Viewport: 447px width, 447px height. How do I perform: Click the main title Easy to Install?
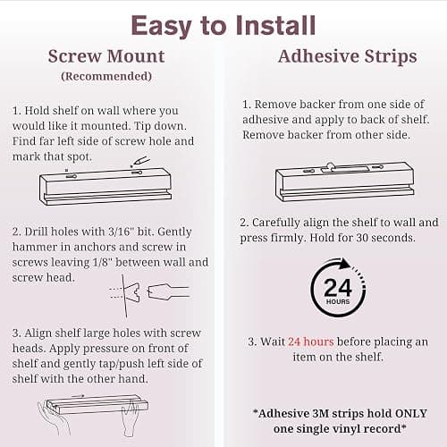click(x=223, y=26)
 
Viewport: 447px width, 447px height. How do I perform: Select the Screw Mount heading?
click(x=106, y=56)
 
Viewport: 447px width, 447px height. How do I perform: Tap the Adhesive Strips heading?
click(x=347, y=56)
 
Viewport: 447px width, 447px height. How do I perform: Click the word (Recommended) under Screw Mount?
click(x=106, y=76)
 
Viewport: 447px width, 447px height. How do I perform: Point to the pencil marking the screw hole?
click(x=140, y=161)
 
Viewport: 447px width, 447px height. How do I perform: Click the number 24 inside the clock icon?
click(x=338, y=287)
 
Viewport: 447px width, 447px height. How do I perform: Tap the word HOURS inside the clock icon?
click(x=338, y=301)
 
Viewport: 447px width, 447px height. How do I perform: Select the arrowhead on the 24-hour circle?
click(x=345, y=264)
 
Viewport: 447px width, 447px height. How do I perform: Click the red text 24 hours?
click(x=311, y=342)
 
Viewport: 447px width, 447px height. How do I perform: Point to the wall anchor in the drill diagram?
click(x=131, y=291)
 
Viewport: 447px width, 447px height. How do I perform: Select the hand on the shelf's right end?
click(x=131, y=420)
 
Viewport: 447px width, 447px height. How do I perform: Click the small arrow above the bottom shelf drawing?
click(x=78, y=396)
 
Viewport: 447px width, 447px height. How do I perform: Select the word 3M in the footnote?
click(x=320, y=413)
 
